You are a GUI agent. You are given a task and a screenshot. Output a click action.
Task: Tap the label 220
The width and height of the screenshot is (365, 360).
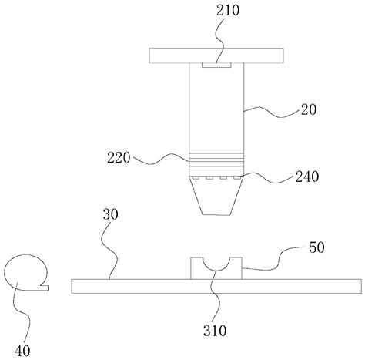(119, 157)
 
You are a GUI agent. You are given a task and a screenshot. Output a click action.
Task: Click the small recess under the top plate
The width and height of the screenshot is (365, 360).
(216, 66)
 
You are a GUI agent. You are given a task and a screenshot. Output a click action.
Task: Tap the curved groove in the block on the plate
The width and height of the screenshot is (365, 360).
(216, 267)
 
